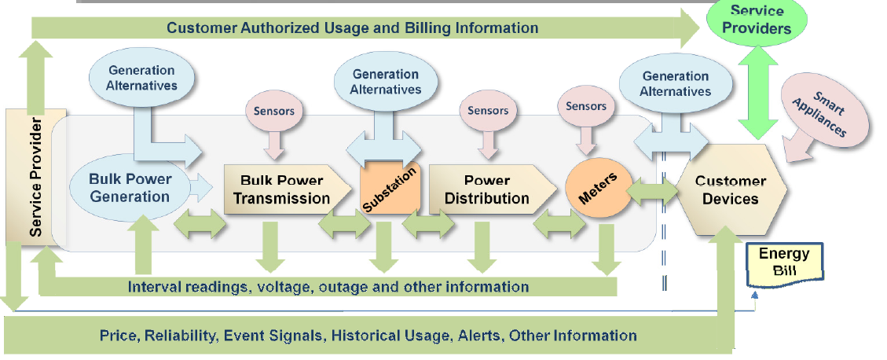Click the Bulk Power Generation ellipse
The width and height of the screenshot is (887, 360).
point(130,188)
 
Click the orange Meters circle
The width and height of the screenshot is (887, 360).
point(599,187)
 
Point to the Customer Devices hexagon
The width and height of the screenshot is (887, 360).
point(731,189)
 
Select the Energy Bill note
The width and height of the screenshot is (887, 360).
point(784,263)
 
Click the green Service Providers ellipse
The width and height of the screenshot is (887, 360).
point(757,20)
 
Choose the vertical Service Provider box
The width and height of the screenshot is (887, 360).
point(36,176)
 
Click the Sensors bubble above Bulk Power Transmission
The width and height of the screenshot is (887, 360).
point(273,110)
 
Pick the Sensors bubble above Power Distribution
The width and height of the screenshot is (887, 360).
point(488,110)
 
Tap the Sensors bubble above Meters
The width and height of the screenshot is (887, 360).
point(586,106)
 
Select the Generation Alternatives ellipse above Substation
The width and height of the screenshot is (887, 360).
point(385,82)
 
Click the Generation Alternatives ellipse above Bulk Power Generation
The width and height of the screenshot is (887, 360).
point(142,78)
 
